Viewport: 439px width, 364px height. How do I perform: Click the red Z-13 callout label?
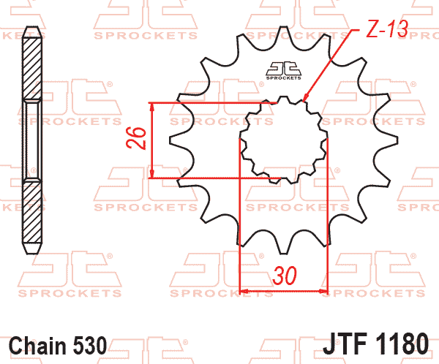click(387, 29)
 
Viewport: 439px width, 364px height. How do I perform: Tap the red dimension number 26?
click(136, 137)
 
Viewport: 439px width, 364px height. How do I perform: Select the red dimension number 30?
click(285, 276)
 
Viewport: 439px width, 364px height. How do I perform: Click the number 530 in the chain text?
click(90, 345)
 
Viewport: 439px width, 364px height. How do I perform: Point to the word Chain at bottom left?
click(40, 345)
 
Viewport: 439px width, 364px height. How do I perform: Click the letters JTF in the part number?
click(345, 344)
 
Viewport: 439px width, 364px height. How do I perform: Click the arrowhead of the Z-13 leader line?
click(305, 97)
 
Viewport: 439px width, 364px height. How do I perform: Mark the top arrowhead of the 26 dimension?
click(151, 106)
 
